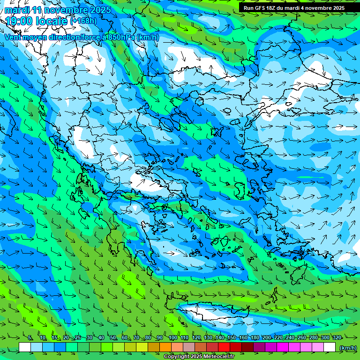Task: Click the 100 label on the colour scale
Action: click(x=172, y=337)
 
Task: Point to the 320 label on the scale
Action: click(x=337, y=337)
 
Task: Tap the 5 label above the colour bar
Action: click(x=30, y=337)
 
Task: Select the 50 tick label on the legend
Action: click(x=113, y=337)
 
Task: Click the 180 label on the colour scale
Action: click(x=255, y=337)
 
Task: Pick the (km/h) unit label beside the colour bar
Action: click(x=348, y=348)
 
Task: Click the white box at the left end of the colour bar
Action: click(x=25, y=347)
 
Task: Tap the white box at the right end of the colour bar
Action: click(x=330, y=347)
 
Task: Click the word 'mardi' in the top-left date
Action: click(x=18, y=10)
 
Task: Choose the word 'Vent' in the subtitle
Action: click(x=14, y=37)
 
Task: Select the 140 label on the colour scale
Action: click(x=219, y=337)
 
